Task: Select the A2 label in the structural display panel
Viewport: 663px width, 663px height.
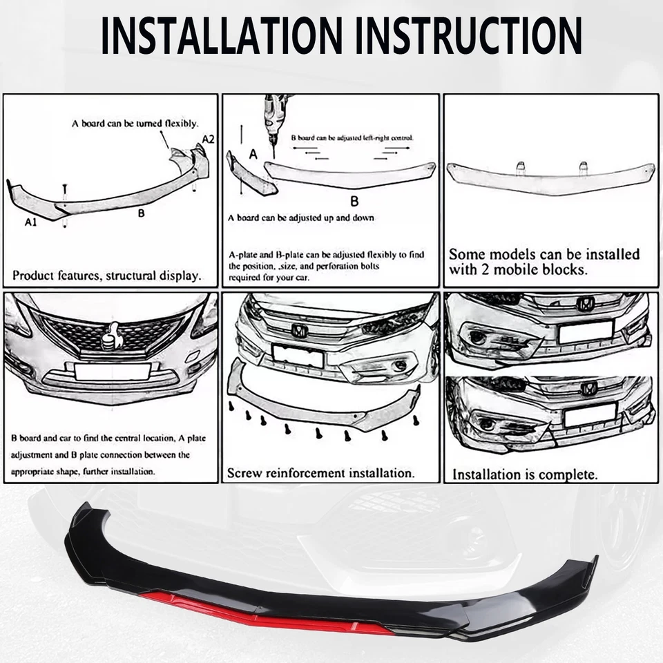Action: [x=208, y=139]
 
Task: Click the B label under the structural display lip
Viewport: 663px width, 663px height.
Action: [x=141, y=213]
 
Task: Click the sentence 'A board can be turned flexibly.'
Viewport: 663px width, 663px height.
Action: [x=135, y=124]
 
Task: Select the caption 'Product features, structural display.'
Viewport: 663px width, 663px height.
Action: [x=107, y=275]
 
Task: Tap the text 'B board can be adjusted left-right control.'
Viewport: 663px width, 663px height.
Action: [x=352, y=138]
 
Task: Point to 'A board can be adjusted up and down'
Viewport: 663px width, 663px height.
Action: [x=301, y=218]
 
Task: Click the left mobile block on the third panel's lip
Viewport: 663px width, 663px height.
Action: [x=521, y=166]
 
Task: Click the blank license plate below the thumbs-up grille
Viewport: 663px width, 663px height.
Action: [x=113, y=372]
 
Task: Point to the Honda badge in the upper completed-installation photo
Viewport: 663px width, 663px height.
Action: [x=586, y=303]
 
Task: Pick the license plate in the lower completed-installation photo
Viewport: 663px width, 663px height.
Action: [x=588, y=414]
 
